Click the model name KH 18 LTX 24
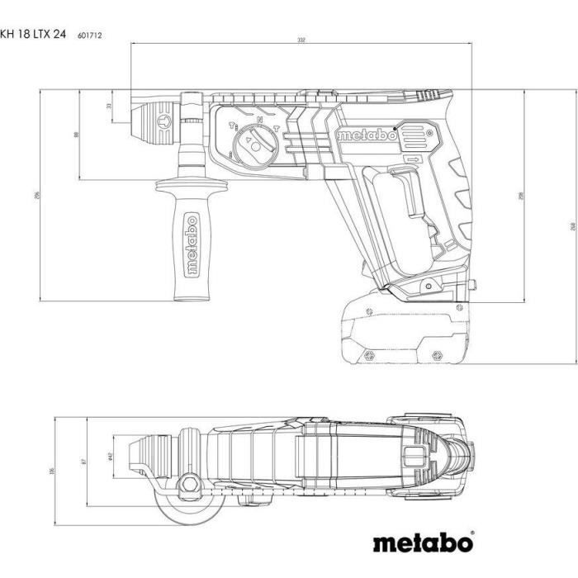tap(34, 35)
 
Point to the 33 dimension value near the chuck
tap(109, 106)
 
